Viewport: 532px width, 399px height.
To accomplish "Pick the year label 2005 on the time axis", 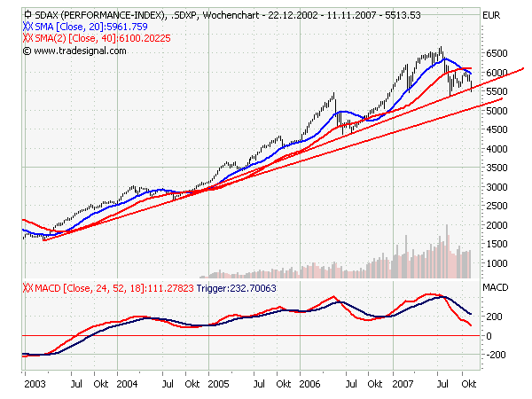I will (218, 386).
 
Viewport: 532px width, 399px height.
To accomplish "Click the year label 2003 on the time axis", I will (35, 386).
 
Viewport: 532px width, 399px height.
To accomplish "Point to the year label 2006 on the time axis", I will (309, 386).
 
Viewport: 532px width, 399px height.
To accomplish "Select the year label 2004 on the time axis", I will (127, 386).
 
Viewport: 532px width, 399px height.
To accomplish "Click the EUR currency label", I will (489, 16).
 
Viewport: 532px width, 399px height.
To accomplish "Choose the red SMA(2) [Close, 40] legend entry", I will (89, 39).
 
